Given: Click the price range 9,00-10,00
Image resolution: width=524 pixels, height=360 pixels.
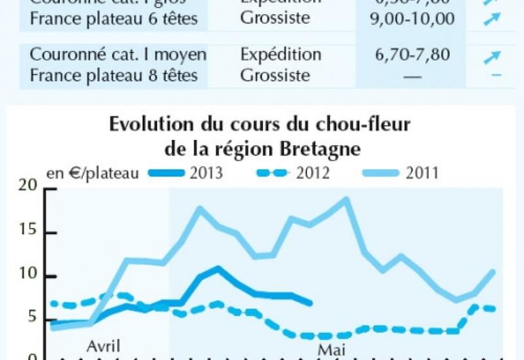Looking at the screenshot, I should [x=412, y=18].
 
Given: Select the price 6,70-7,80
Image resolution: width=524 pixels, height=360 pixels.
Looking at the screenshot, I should [x=412, y=54].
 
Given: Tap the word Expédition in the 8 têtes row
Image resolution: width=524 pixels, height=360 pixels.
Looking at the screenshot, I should [x=281, y=54].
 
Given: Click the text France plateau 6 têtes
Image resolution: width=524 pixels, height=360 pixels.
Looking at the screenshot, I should [x=113, y=18].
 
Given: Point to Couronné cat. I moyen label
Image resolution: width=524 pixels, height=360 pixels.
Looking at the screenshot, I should [x=118, y=54].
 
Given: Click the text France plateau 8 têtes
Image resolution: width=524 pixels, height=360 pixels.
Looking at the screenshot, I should [x=113, y=75].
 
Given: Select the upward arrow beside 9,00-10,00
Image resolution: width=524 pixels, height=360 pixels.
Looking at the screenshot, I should [x=491, y=19].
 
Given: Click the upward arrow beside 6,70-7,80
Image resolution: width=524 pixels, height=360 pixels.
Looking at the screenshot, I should [x=491, y=57].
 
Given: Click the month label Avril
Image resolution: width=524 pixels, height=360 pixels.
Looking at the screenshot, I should [x=103, y=345].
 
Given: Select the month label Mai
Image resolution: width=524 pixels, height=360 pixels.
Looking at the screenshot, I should [x=331, y=350].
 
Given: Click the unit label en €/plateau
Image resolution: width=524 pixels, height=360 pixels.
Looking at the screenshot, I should [x=92, y=173].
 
